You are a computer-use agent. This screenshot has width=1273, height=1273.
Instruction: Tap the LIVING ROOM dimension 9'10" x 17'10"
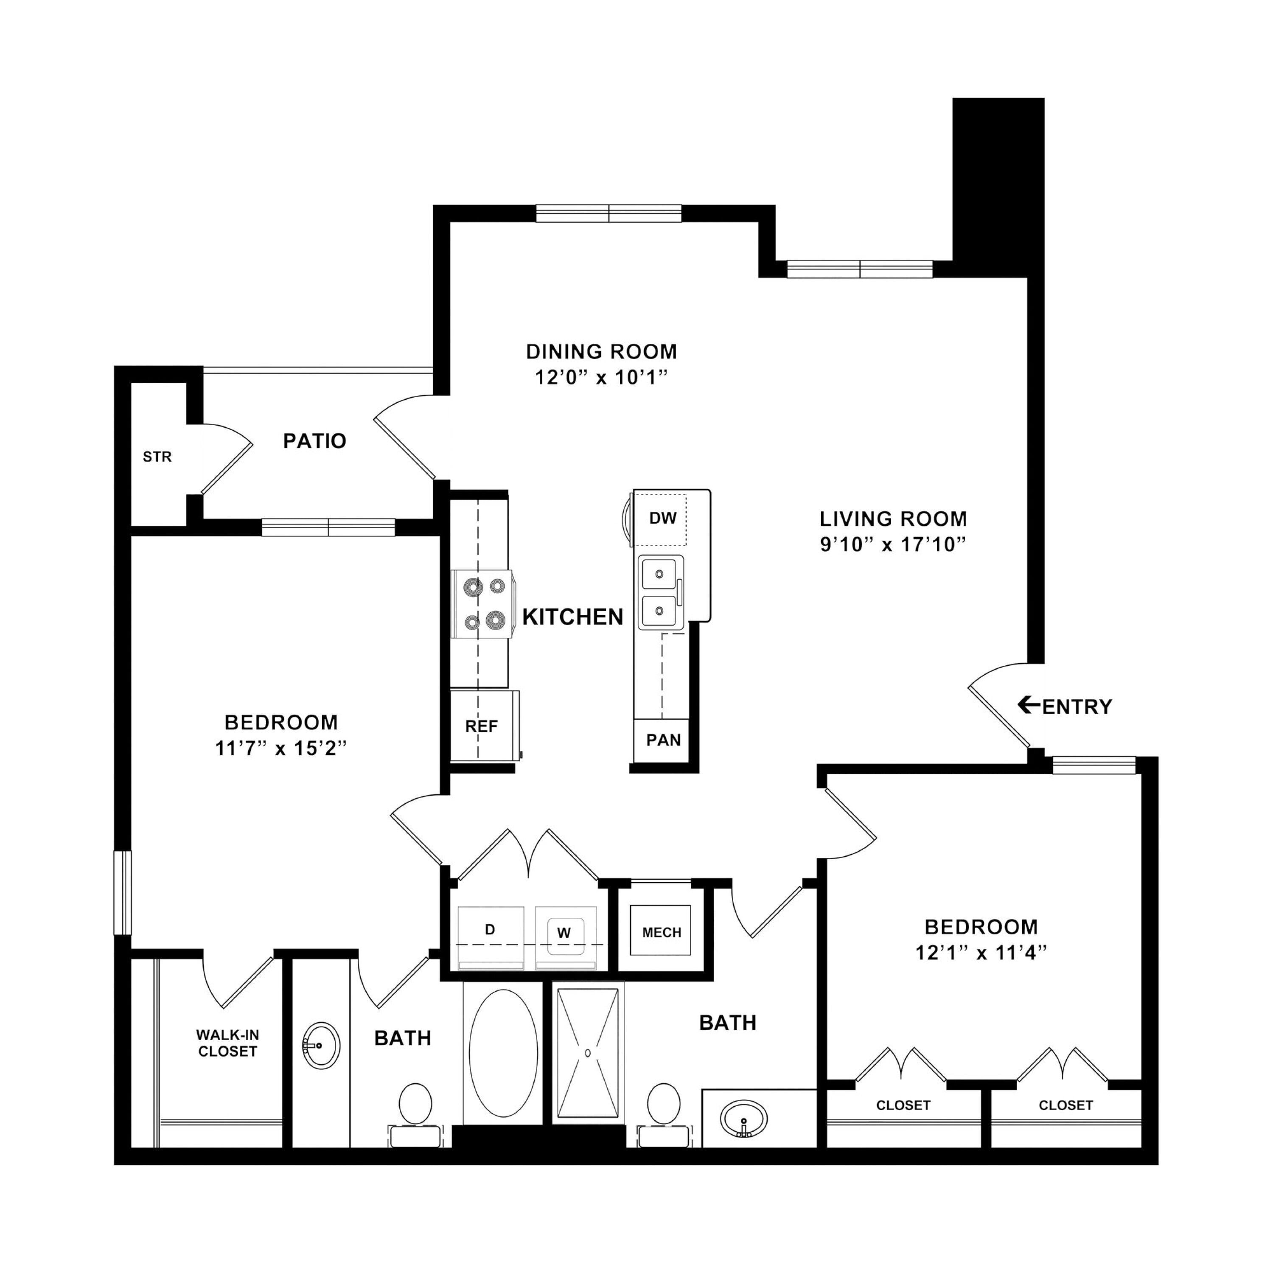pyautogui.click(x=893, y=544)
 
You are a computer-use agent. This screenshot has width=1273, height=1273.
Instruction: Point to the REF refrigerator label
pyautogui.click(x=482, y=726)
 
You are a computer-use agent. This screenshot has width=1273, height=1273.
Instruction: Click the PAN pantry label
pyautogui.click(x=663, y=740)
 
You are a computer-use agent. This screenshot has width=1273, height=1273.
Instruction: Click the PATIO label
pyautogui.click(x=314, y=441)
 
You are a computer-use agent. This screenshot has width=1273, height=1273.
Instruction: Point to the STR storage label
pyautogui.click(x=157, y=457)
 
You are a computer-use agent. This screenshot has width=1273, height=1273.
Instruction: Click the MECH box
pyautogui.click(x=661, y=931)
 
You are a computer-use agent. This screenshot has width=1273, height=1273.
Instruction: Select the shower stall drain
pyautogui.click(x=587, y=1052)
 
